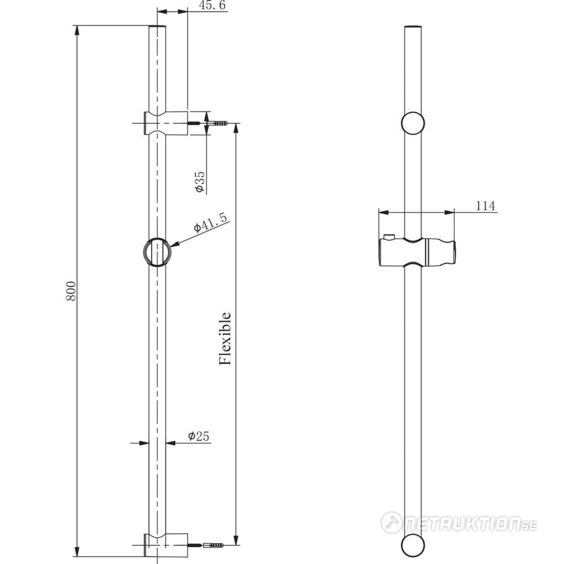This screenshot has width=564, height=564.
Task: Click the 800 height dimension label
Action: [x=71, y=291]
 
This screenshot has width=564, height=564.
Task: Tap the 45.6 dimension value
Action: [x=213, y=5]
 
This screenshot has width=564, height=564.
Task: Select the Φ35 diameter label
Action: [x=200, y=181]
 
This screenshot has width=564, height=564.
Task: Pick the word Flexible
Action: [x=225, y=339]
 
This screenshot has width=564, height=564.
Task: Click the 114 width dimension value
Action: [x=485, y=206]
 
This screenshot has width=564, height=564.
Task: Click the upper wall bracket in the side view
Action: [x=166, y=123]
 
